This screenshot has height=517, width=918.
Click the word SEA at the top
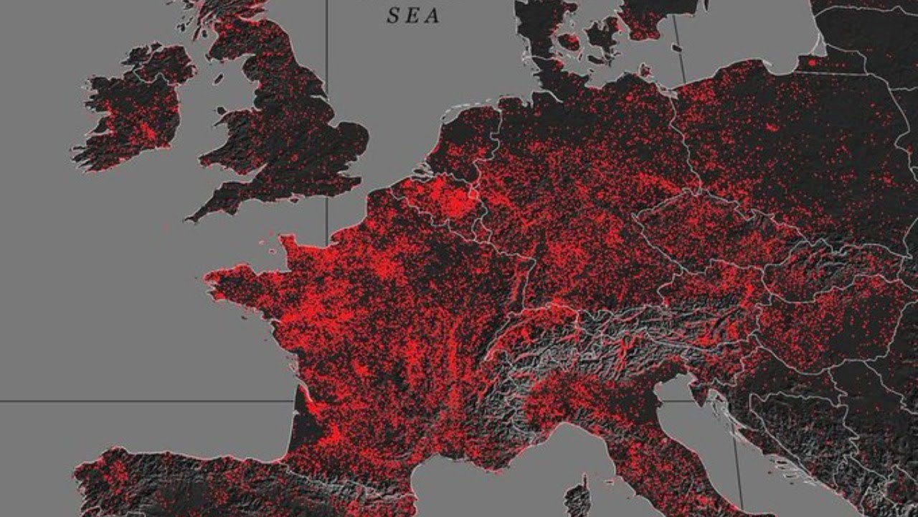point(413,16)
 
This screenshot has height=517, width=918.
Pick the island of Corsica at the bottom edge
point(577,499)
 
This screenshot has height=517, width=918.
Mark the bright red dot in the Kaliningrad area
point(811,62)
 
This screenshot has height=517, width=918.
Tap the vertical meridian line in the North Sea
point(327,108)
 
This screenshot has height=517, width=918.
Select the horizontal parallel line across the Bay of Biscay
point(143,401)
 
